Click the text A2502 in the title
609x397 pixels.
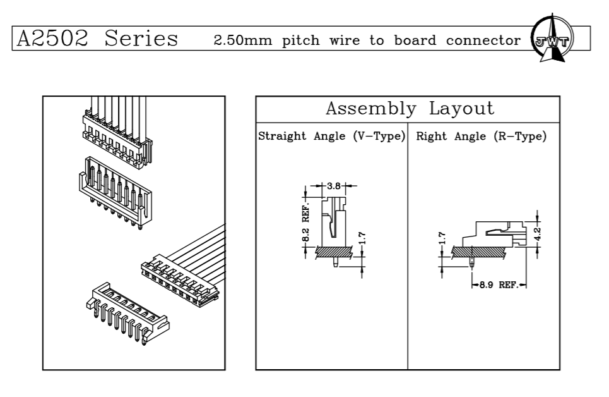pos(52,39)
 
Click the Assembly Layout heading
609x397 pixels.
pos(410,108)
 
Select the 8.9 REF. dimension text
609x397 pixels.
pos(498,285)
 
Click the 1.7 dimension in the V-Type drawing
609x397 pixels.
pos(362,240)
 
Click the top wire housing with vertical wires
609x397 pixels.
pos(117,133)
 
